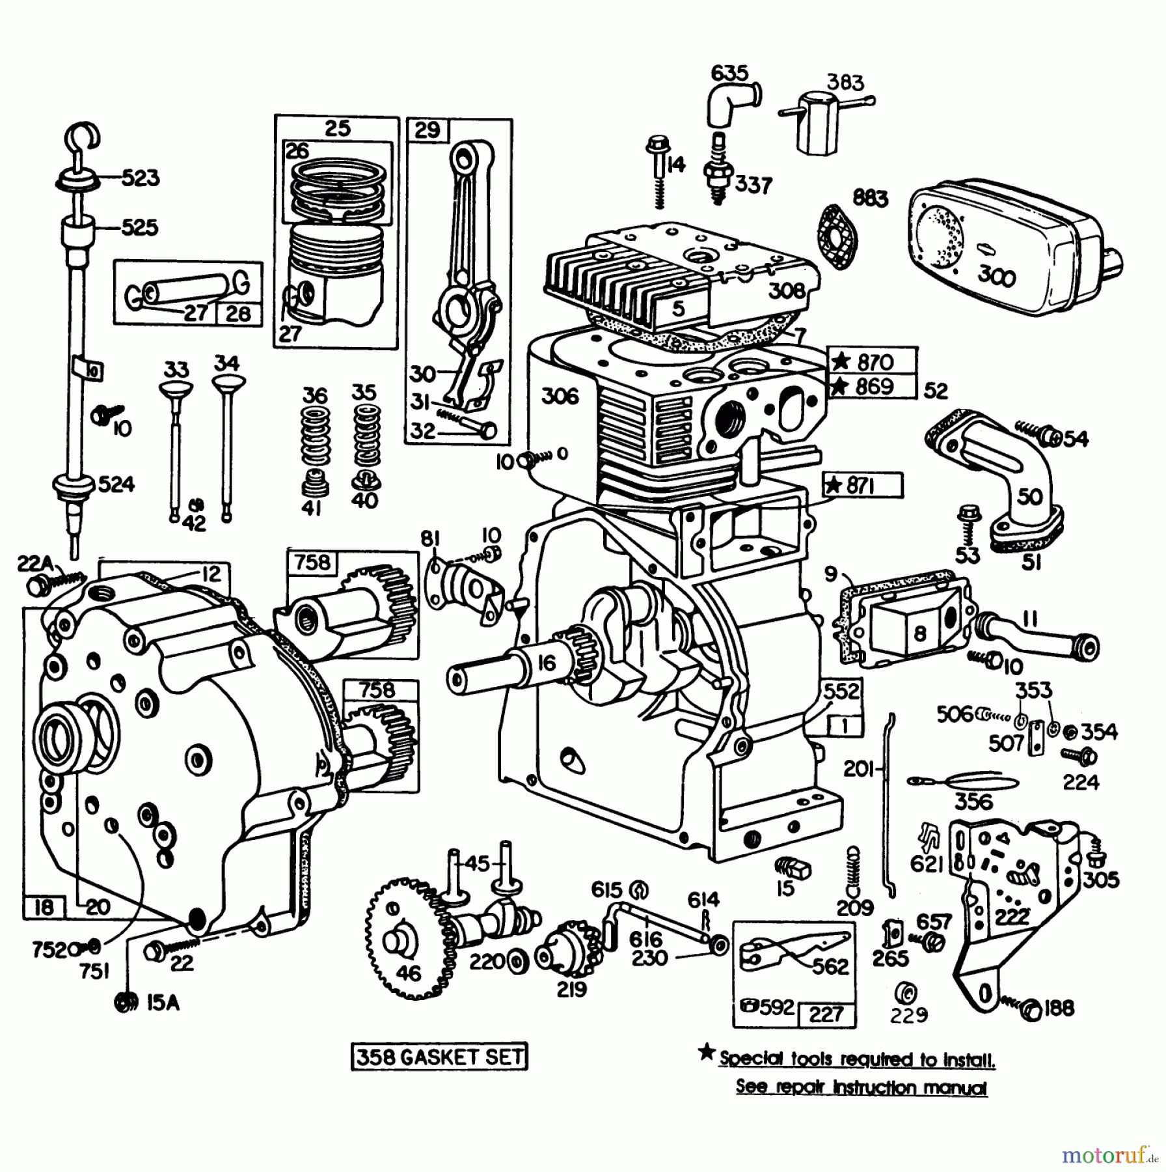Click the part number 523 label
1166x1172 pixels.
point(140,178)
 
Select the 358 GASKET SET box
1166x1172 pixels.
point(439,1057)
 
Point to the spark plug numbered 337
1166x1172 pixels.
point(718,171)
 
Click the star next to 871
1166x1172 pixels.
point(834,485)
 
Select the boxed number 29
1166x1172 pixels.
point(427,130)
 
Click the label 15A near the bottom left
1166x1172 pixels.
point(163,1003)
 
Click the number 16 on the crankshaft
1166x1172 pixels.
point(547,662)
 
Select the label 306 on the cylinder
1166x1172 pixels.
point(560,396)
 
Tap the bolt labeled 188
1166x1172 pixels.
point(1030,1009)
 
